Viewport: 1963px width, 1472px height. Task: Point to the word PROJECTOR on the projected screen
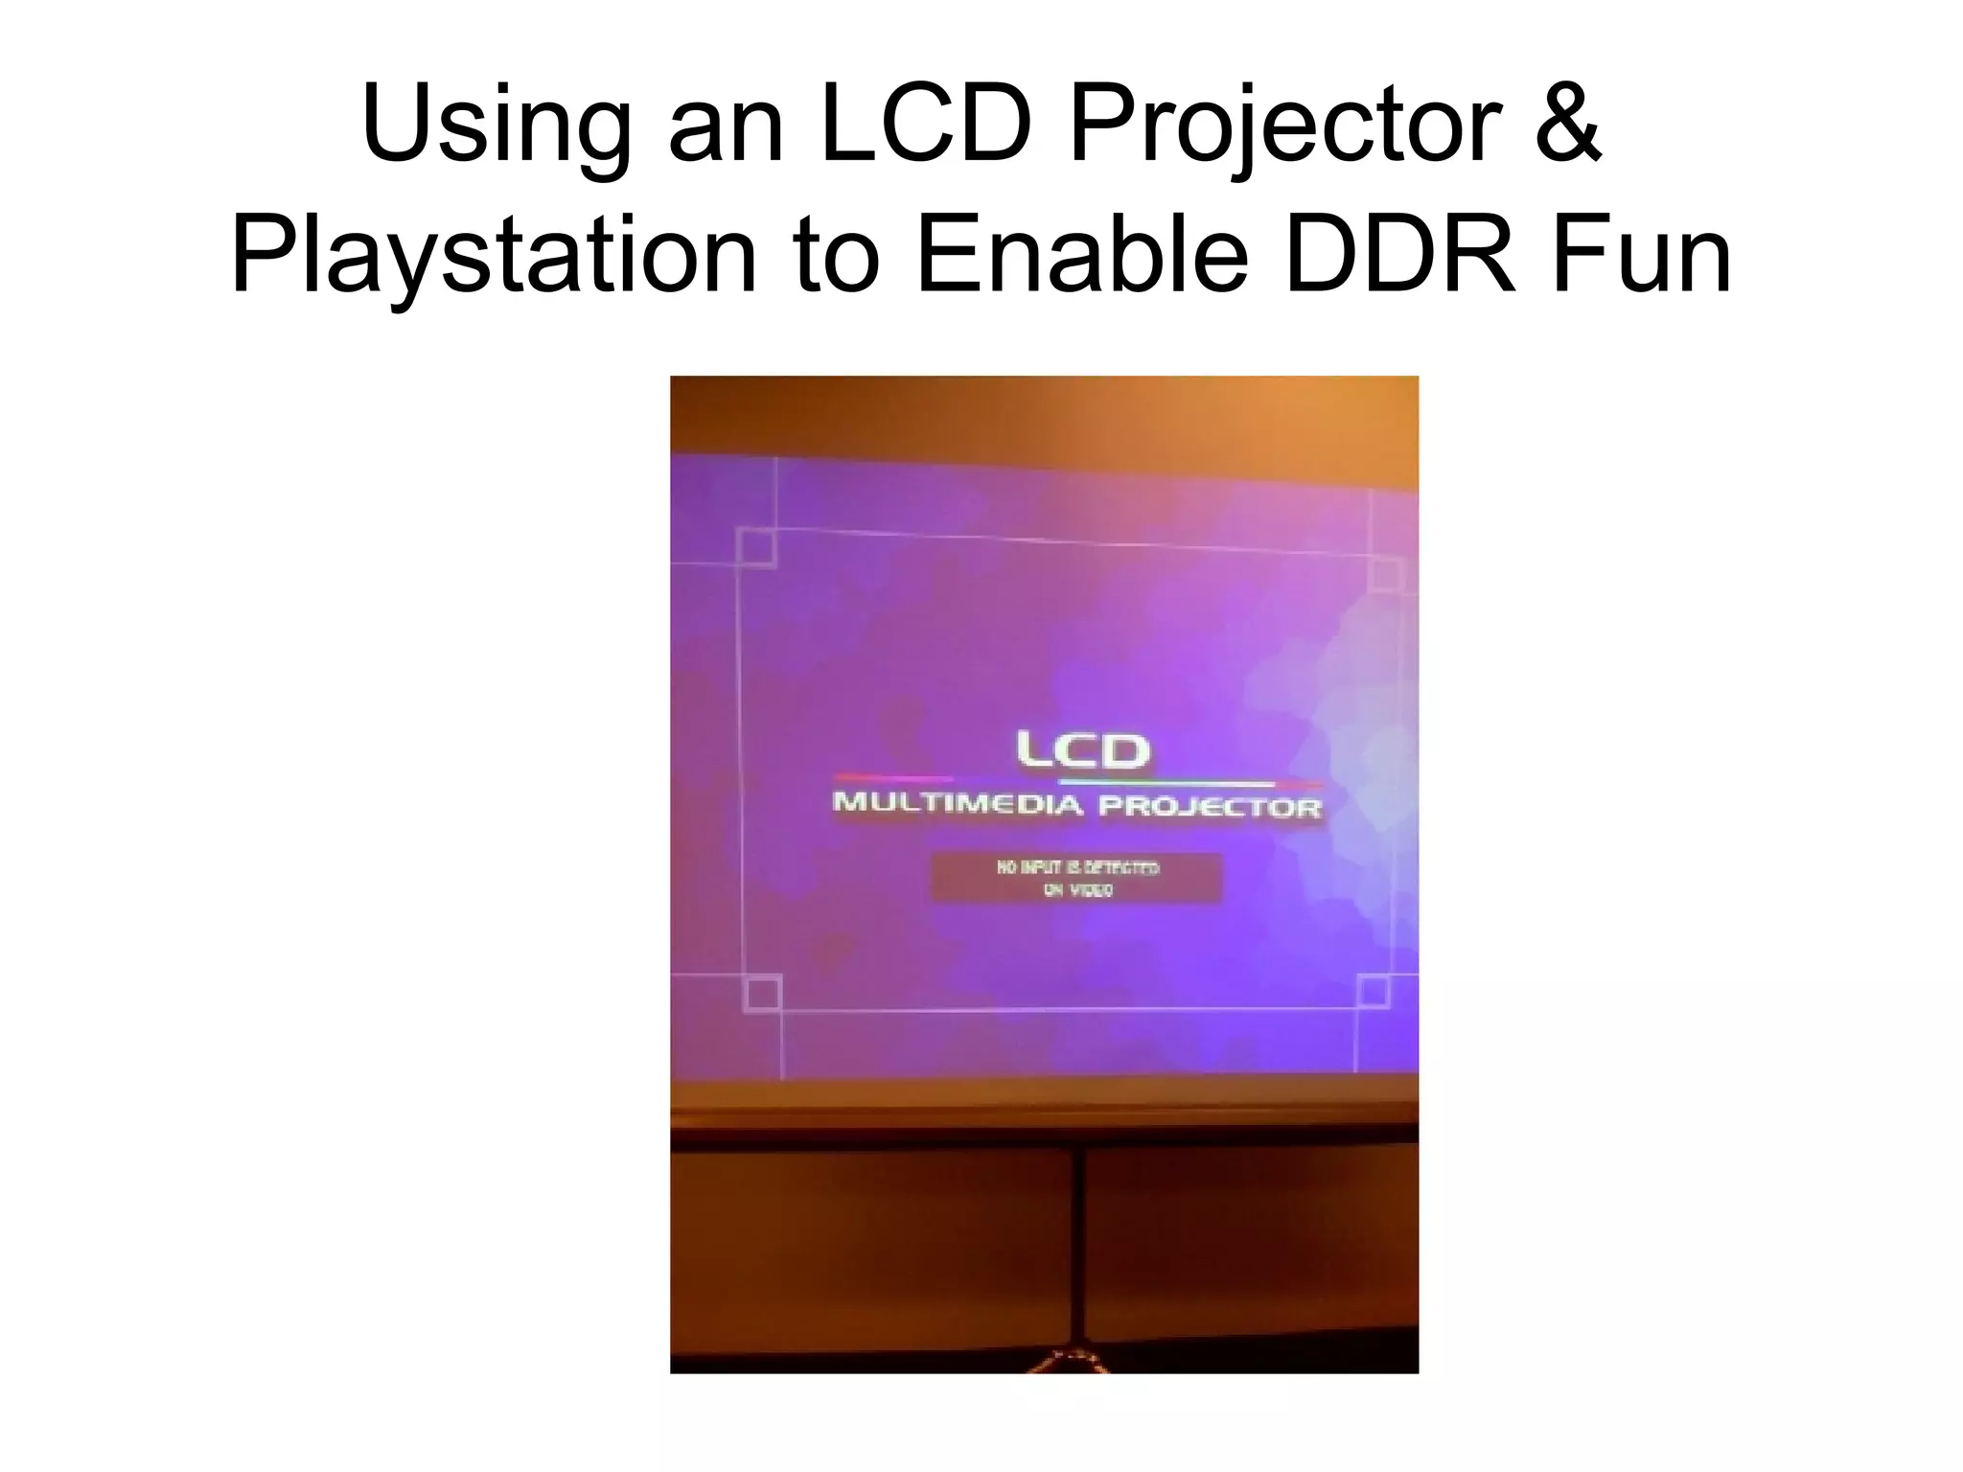(1210, 806)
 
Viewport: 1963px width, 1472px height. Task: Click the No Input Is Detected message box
(1076, 878)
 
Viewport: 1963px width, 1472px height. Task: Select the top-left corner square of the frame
(757, 547)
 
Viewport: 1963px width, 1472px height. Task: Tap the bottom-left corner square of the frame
(763, 993)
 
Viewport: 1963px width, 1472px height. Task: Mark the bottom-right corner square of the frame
(1374, 991)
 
